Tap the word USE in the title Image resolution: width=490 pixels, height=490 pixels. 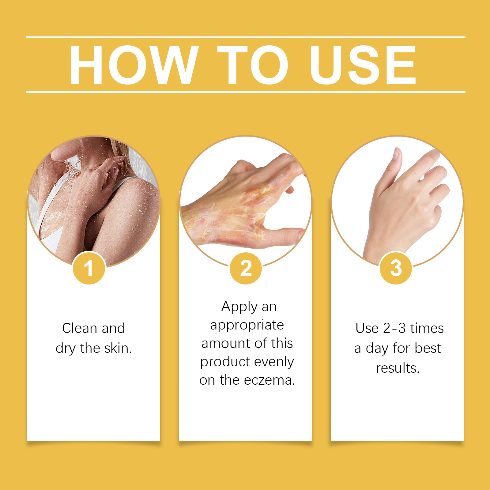(363, 65)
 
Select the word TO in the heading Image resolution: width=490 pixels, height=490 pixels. (253, 65)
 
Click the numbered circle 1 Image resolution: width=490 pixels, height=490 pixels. (89, 268)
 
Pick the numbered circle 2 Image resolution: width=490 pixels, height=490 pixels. (246, 268)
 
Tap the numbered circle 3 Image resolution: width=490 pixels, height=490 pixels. (396, 268)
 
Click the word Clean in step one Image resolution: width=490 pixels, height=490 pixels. (80, 328)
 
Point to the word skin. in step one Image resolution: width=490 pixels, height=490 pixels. (118, 348)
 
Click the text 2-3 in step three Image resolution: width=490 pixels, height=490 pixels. (394, 328)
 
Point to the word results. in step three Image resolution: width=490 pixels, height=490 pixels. (398, 368)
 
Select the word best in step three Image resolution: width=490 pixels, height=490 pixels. (428, 348)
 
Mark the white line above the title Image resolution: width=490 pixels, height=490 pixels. (246, 37)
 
